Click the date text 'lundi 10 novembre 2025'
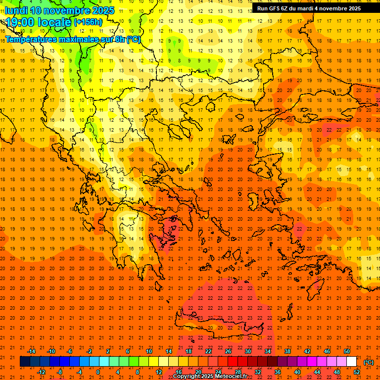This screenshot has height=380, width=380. click(x=59, y=10)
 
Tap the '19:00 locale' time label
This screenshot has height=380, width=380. click(x=39, y=22)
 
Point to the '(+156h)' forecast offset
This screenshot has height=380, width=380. click(x=88, y=22)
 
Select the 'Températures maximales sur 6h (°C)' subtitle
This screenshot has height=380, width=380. click(x=73, y=39)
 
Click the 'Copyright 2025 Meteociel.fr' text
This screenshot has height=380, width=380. click(x=210, y=377)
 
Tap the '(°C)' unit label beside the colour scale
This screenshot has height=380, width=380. click(x=369, y=362)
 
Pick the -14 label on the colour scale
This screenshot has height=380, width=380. click(x=31, y=351)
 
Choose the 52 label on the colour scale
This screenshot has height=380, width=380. click(x=357, y=372)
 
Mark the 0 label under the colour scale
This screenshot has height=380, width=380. click(x=98, y=372)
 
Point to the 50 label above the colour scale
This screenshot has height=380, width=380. click(x=347, y=351)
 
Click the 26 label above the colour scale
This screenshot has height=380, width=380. click(x=228, y=351)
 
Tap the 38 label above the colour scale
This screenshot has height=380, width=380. click(x=287, y=351)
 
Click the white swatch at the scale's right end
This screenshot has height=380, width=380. click(x=352, y=362)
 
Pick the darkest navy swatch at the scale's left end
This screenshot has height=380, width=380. click(x=25, y=362)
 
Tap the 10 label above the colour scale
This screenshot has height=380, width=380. click(x=148, y=351)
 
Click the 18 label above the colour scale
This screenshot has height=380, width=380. click(x=189, y=351)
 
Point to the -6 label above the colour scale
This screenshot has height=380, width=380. click(x=70, y=351)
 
